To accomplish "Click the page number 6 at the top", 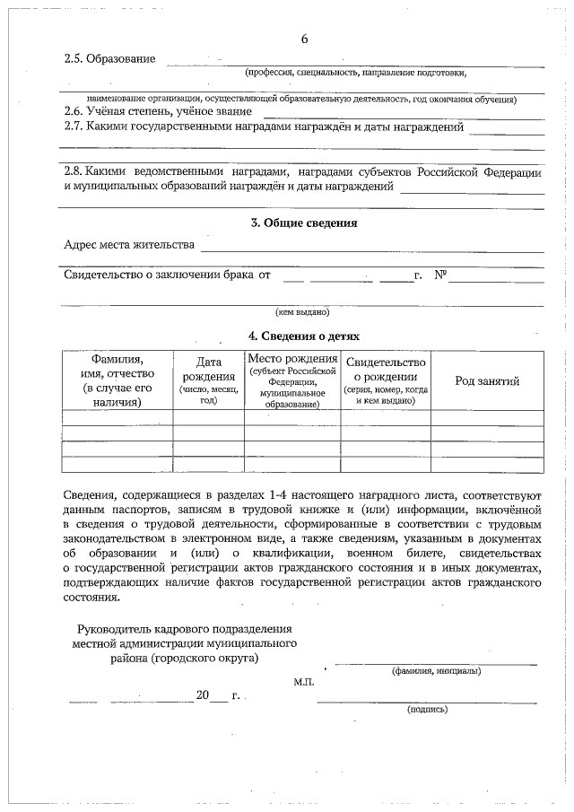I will [x=304, y=39].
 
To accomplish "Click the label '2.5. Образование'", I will [x=109, y=59].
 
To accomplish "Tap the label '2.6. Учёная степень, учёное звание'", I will [x=157, y=112].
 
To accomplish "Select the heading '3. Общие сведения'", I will [x=303, y=223].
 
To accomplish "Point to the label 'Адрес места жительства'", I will [x=129, y=245].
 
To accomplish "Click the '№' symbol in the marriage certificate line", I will [x=439, y=275].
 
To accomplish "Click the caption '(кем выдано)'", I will [x=302, y=312].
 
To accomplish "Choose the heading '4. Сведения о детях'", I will [x=303, y=336].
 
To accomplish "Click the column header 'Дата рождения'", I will [x=208, y=380].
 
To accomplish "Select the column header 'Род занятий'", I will [x=487, y=381].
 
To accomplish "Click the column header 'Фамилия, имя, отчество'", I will [x=117, y=380].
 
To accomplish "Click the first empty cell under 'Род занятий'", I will [x=487, y=417].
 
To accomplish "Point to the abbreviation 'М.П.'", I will [x=304, y=682].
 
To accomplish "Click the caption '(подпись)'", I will [x=427, y=709].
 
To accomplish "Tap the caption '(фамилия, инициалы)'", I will [x=435, y=671].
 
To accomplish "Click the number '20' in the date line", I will [x=202, y=695].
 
